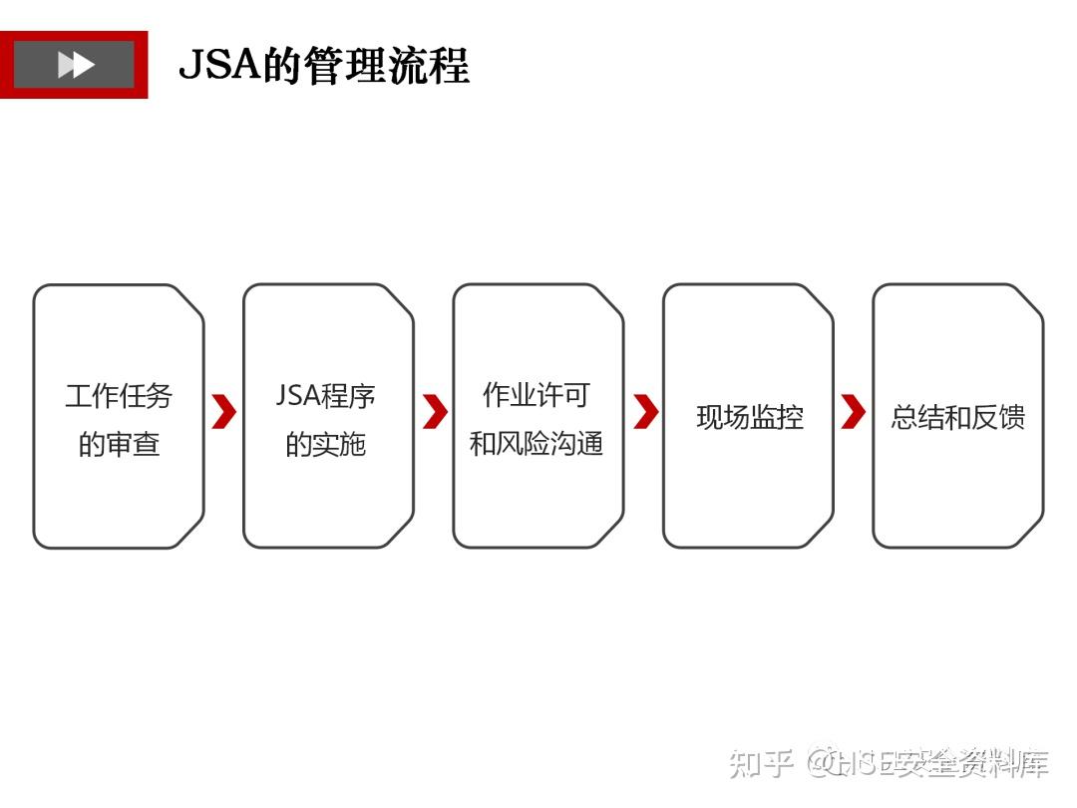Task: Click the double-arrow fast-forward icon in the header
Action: point(76,65)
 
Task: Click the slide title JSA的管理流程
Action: point(323,66)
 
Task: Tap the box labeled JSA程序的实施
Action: point(328,489)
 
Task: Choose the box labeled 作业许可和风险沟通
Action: point(538,489)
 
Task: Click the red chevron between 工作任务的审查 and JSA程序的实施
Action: point(224,411)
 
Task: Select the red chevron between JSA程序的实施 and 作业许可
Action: point(435,411)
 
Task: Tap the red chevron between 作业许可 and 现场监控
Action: point(645,411)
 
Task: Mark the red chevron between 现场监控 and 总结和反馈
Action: point(854,411)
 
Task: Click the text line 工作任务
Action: point(119,396)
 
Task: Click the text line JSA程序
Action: point(326,396)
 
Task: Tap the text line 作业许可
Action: point(536,395)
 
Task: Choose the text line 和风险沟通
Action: point(537,443)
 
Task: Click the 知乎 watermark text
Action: point(761,764)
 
